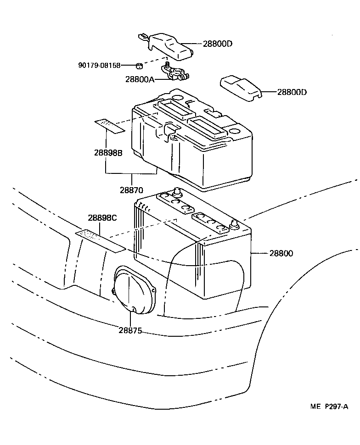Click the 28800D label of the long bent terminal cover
point(218,44)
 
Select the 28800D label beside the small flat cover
point(292,92)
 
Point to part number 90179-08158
point(99,66)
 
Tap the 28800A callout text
point(140,79)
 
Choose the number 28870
point(132,189)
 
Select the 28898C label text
point(102,218)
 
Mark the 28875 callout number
point(130,330)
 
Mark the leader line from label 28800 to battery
point(259,253)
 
